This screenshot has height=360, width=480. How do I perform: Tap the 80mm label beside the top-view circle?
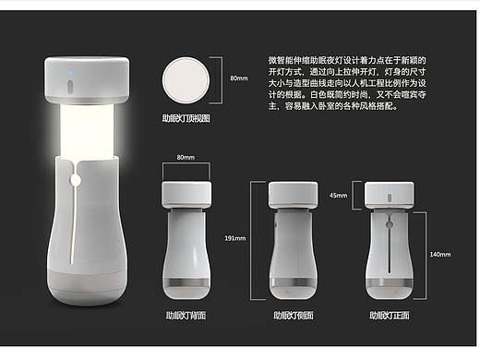[239, 80]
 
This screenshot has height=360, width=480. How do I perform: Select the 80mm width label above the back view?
[185, 159]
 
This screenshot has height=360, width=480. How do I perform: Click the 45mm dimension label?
[338, 195]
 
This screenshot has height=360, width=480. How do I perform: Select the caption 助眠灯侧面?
[293, 315]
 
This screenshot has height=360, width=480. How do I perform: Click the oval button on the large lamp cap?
[69, 88]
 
